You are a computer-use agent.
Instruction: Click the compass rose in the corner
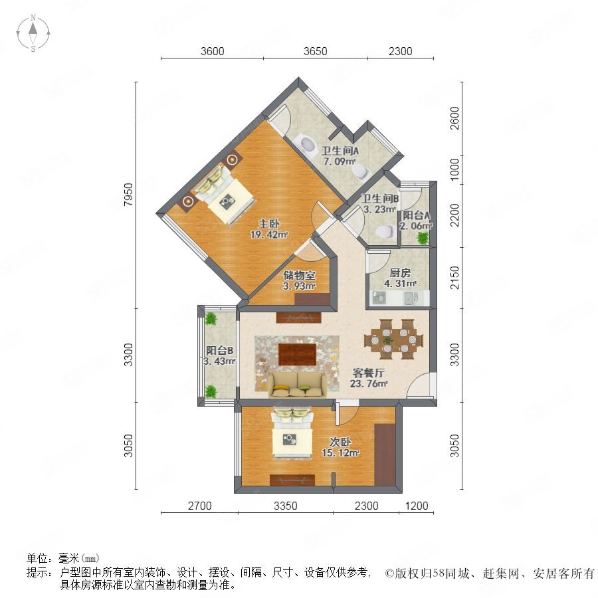33,33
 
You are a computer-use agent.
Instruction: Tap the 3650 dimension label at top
316,51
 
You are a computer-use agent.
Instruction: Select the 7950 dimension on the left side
129,195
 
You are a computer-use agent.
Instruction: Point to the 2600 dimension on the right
454,118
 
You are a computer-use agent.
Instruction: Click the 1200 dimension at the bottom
417,506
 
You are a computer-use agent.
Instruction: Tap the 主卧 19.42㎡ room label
269,229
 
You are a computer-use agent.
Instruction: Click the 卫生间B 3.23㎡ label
380,204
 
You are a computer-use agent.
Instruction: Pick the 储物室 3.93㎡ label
300,280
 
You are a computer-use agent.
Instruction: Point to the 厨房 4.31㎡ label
400,278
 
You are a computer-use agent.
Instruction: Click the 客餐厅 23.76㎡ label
368,378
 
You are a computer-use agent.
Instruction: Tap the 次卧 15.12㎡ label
341,447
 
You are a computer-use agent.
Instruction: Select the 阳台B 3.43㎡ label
219,355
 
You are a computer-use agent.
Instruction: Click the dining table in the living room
393,339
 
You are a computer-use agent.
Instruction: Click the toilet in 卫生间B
385,231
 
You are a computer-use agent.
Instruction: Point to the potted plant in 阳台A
423,238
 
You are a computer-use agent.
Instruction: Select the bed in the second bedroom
292,433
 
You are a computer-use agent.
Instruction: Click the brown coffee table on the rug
298,354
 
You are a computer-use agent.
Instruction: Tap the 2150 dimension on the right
454,278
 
